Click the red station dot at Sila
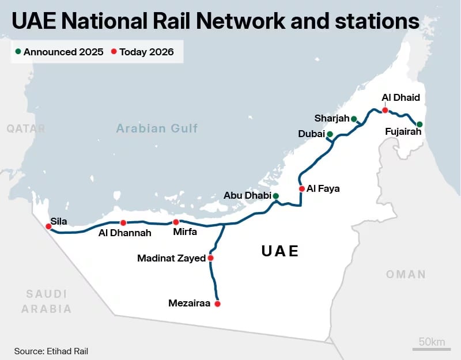[48, 226]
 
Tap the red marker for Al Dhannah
[123, 223]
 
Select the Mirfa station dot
[176, 222]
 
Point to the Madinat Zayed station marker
[210, 258]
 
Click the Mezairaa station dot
[217, 304]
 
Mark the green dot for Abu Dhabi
[275, 196]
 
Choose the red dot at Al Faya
[301, 188]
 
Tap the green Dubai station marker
[330, 134]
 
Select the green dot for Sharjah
[354, 119]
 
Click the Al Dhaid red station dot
[385, 110]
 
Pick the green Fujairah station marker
[420, 124]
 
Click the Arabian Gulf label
[157, 128]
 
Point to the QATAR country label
[26, 128]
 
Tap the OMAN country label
[406, 274]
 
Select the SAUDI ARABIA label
[47, 301]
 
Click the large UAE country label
[280, 251]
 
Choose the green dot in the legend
[18, 52]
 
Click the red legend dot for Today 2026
[114, 52]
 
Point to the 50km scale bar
[431, 348]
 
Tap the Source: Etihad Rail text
[51, 351]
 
